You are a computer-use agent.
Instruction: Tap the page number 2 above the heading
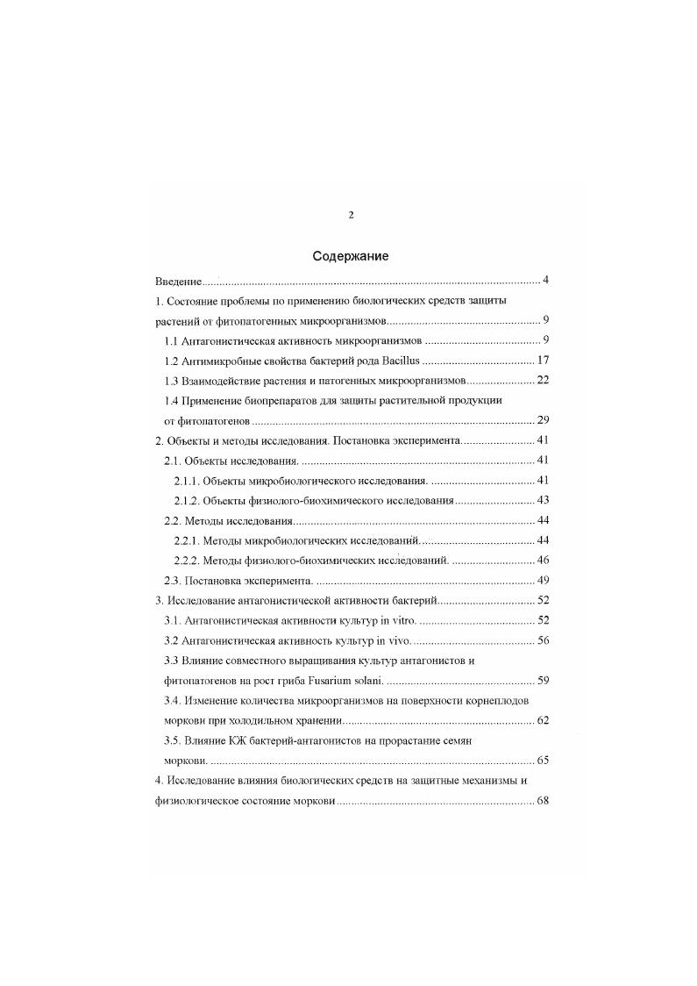point(351,215)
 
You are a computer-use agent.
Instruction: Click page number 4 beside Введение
point(545,281)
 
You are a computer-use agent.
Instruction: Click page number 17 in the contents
point(542,361)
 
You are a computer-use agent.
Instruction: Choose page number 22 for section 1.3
point(542,381)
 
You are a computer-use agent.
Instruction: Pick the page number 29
point(542,421)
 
